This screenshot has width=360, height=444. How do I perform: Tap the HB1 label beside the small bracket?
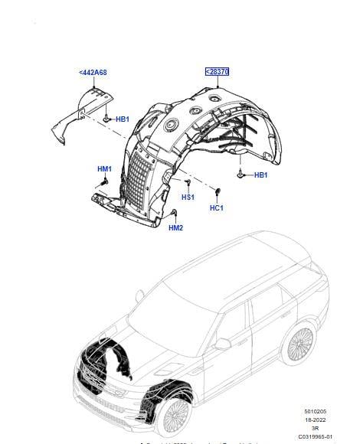(121, 119)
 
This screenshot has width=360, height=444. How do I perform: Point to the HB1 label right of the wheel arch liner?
(260, 175)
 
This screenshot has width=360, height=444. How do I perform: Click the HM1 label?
(104, 169)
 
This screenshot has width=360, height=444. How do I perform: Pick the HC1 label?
(216, 207)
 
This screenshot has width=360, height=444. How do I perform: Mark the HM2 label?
(175, 228)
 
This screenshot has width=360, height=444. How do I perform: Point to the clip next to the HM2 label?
(175, 212)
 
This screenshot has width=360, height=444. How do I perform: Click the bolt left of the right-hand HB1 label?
(241, 175)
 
